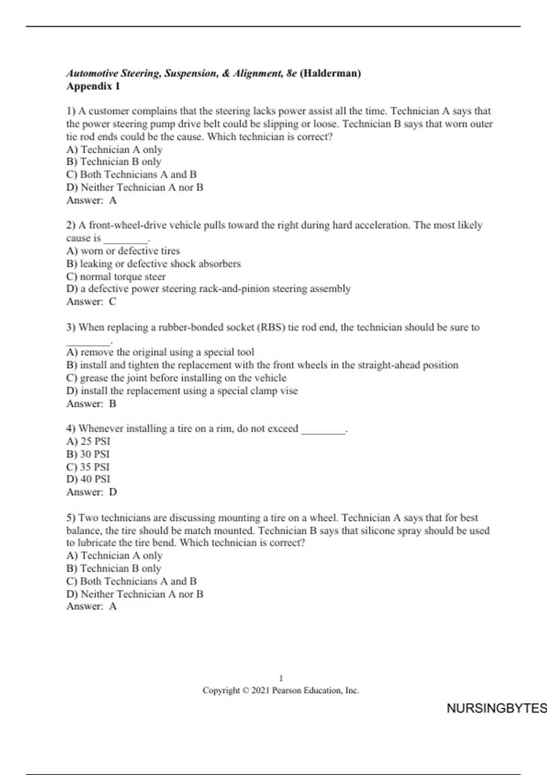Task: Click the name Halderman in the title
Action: click(x=330, y=73)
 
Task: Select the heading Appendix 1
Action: click(x=93, y=86)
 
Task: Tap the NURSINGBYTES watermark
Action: click(x=496, y=708)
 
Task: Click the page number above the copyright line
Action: click(x=281, y=678)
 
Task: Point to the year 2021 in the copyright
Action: click(x=260, y=691)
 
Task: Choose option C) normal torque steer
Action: click(x=116, y=276)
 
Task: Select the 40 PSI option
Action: click(x=88, y=479)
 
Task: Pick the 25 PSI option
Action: click(x=88, y=441)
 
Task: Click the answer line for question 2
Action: click(x=91, y=301)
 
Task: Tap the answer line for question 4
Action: click(x=92, y=492)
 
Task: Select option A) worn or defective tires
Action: click(x=123, y=251)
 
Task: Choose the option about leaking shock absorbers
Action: click(x=154, y=263)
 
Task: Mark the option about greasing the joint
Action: click(x=176, y=378)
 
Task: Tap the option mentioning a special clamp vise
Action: click(x=182, y=391)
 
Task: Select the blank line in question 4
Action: click(x=323, y=430)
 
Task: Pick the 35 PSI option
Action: click(x=88, y=467)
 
